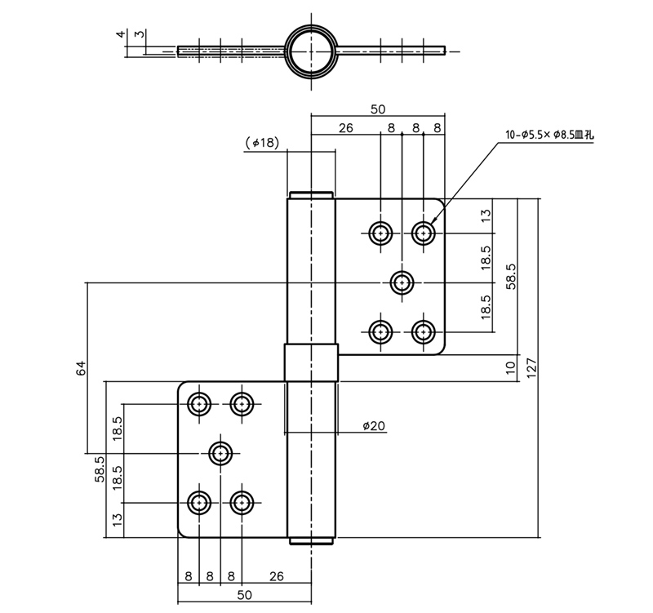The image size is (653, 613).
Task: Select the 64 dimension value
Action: point(81,368)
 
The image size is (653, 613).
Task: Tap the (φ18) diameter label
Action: point(262,142)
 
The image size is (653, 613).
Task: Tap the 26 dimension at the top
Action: point(345,127)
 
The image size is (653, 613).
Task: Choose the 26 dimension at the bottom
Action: point(276,576)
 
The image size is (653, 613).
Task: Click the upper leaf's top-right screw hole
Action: point(423,233)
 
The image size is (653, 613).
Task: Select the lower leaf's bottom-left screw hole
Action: point(199,502)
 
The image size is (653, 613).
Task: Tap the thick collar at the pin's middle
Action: point(310,362)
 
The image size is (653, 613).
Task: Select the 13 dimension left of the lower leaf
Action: point(118,517)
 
